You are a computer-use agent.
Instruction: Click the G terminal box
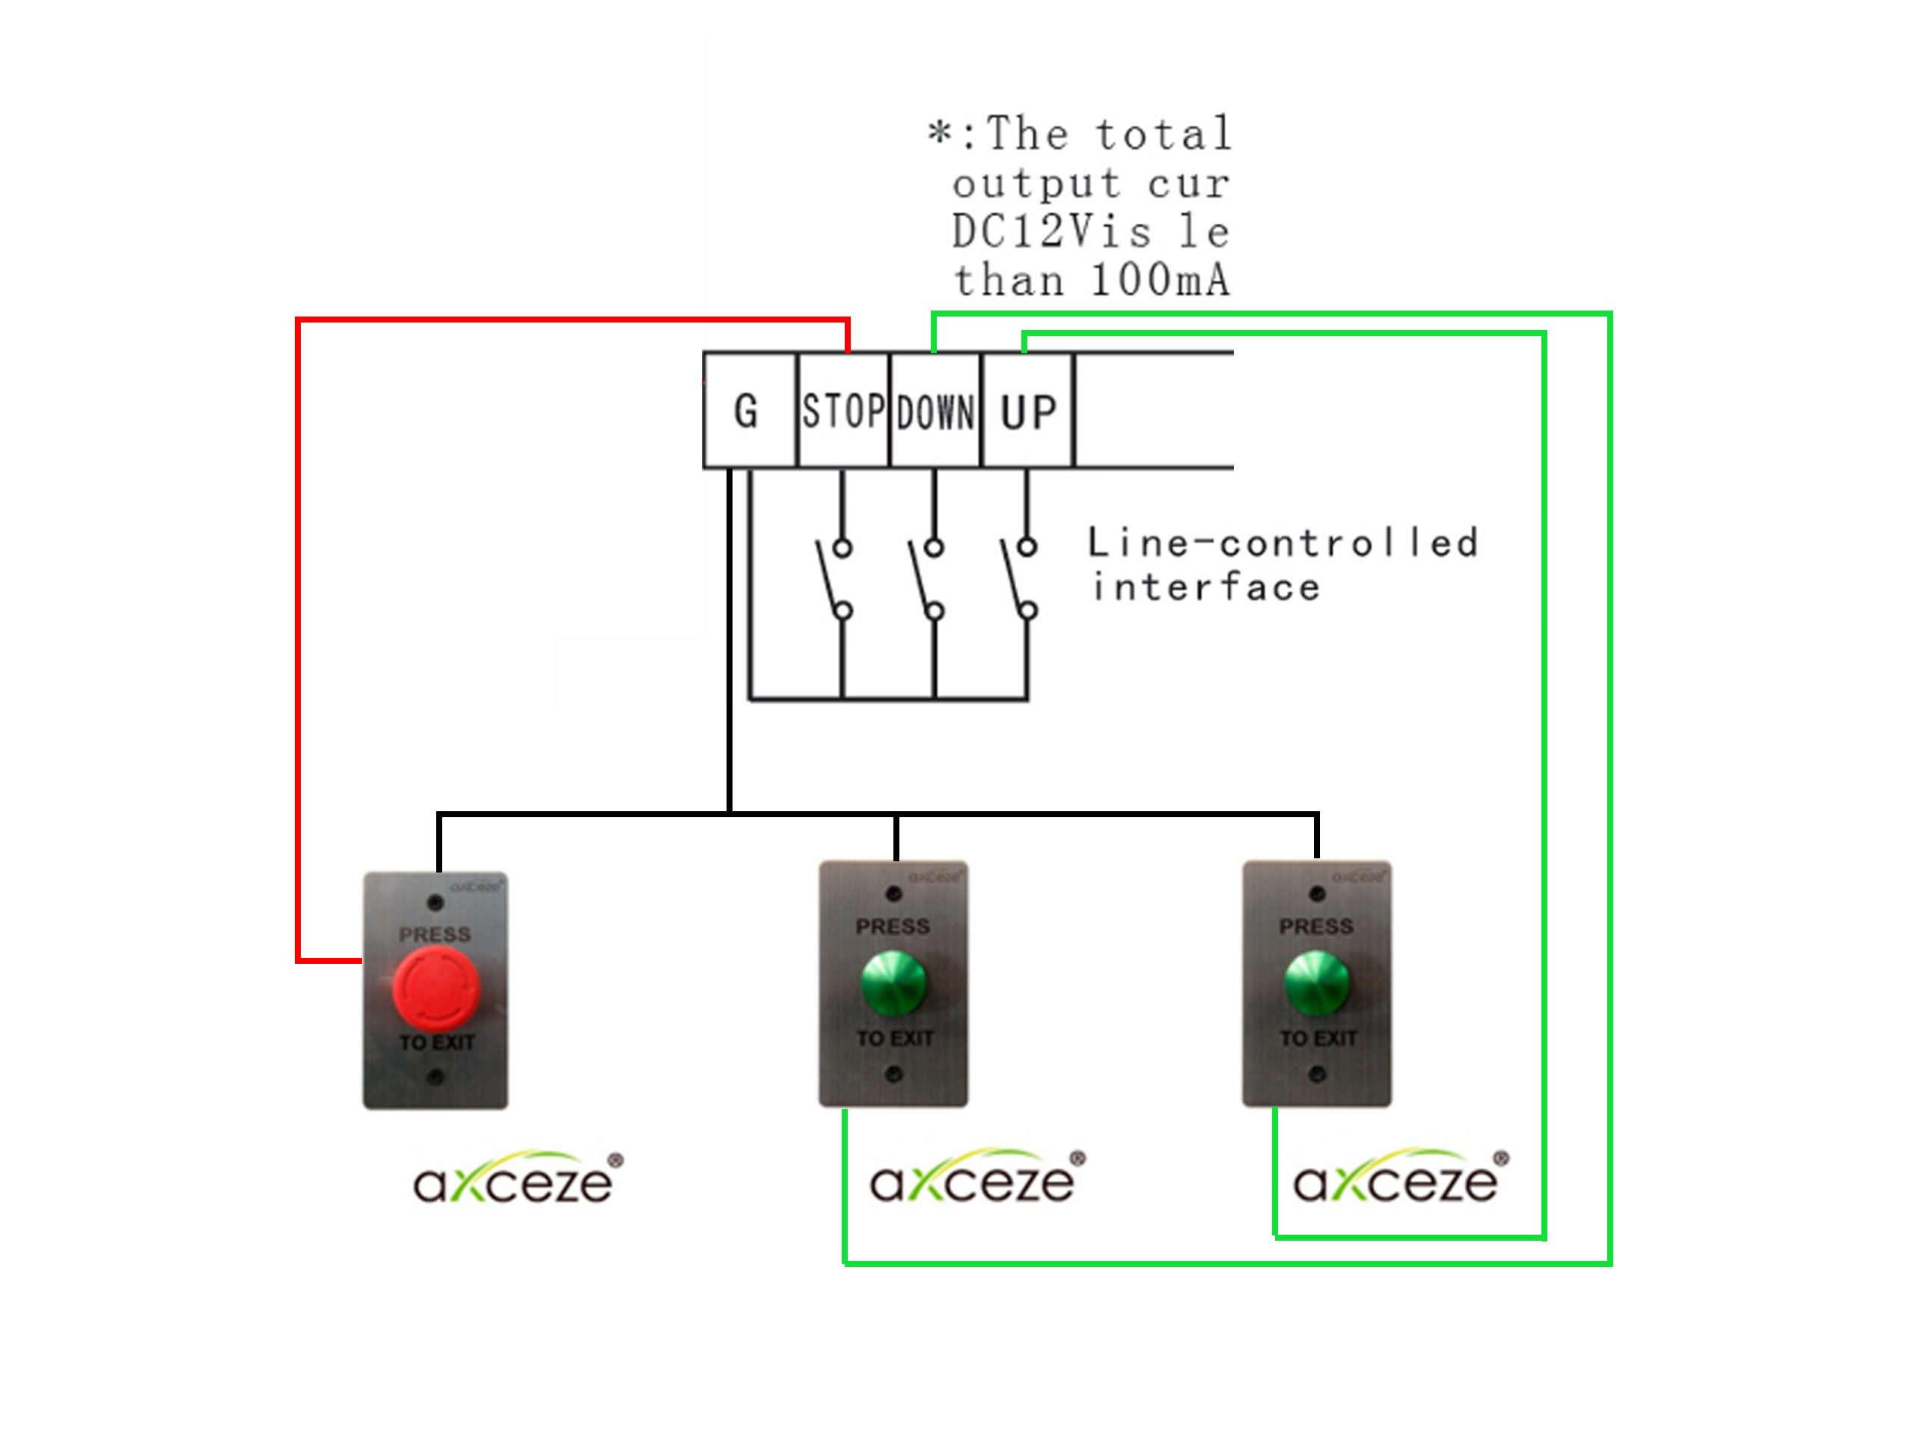tap(747, 410)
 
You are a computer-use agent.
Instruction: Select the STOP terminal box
tap(842, 410)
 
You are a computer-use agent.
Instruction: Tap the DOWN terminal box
tap(935, 410)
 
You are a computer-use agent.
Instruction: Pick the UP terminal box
tap(1027, 410)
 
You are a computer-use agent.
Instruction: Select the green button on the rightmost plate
tap(1316, 983)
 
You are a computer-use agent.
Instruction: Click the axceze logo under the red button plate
tap(518, 1178)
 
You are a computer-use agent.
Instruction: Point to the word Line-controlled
tap(1282, 543)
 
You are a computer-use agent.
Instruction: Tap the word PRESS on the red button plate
tap(435, 935)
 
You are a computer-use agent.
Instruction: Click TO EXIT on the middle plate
tap(894, 1038)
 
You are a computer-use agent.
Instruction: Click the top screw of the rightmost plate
tap(1316, 894)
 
